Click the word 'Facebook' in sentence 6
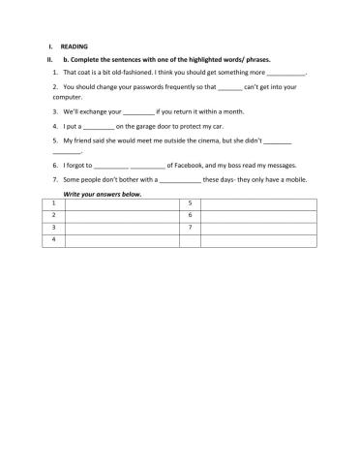click(194, 166)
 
